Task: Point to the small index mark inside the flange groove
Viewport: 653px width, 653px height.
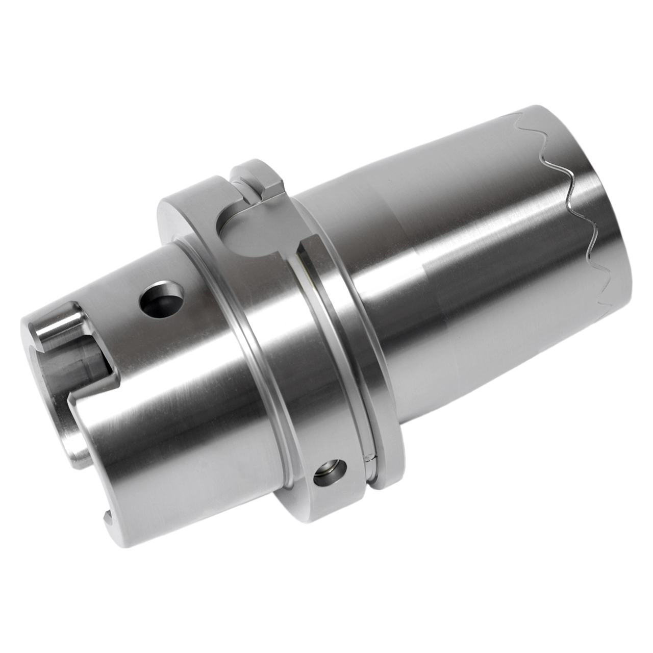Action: (368, 458)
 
